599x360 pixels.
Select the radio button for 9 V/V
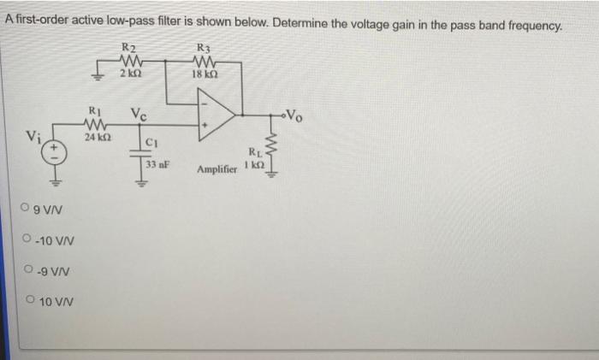(x=30, y=208)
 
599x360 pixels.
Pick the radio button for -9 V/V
(x=30, y=271)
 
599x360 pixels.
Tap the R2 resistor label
(x=129, y=46)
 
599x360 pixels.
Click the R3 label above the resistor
(x=204, y=46)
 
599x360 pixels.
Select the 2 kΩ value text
(x=130, y=75)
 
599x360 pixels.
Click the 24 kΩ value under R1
(x=95, y=137)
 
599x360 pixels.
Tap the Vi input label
(x=32, y=135)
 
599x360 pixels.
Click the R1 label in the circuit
(x=95, y=110)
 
